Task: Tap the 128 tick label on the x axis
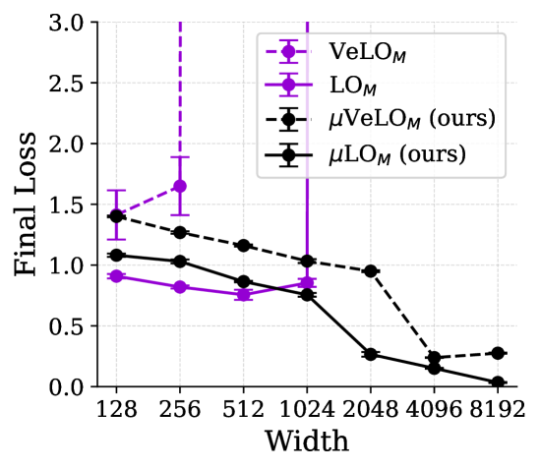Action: pyautogui.click(x=116, y=410)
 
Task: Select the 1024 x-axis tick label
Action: pyautogui.click(x=307, y=410)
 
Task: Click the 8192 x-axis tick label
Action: pyautogui.click(x=498, y=410)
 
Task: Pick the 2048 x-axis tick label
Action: pyautogui.click(x=371, y=410)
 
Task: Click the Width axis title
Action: pyautogui.click(x=307, y=441)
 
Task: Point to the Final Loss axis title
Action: pyautogui.click(x=26, y=205)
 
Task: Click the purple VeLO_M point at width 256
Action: pyautogui.click(x=180, y=186)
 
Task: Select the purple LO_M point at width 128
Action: pyautogui.click(x=116, y=276)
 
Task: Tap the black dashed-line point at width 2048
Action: pyautogui.click(x=371, y=271)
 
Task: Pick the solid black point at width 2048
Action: pyautogui.click(x=371, y=354)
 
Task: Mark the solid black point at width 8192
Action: pyautogui.click(x=498, y=382)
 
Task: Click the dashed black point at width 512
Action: pyautogui.click(x=244, y=246)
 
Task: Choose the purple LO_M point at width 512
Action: pyautogui.click(x=244, y=295)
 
